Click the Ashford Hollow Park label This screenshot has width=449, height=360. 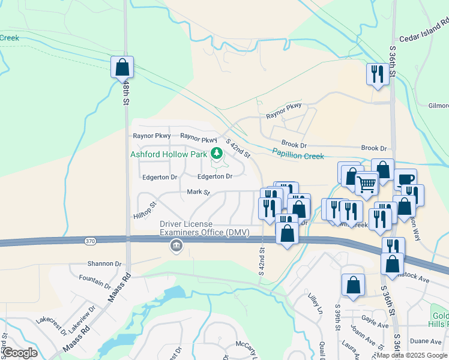click(169, 154)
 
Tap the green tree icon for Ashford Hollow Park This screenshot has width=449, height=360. click(215, 154)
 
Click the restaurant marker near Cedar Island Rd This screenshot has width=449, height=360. click(377, 74)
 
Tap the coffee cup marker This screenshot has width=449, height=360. click(405, 179)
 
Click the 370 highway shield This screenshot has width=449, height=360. click(89, 241)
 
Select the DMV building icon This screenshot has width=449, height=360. click(176, 246)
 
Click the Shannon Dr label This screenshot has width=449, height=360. click(104, 263)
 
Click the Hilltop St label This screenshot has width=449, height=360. click(145, 210)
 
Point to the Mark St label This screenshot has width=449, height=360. click(198, 193)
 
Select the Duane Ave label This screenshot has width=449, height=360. click(426, 341)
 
